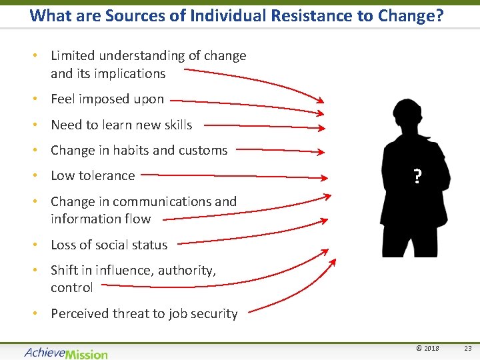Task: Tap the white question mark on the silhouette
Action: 417,177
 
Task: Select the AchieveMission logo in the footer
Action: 65,353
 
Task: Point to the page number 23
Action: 467,349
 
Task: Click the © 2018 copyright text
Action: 427,349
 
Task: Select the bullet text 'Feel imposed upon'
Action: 107,99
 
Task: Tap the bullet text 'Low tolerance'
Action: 93,176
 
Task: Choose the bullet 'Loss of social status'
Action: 109,245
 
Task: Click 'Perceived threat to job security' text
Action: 144,314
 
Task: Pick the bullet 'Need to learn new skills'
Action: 121,125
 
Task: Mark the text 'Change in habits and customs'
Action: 139,151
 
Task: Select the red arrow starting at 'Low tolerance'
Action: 233,177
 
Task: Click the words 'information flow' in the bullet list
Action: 101,219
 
